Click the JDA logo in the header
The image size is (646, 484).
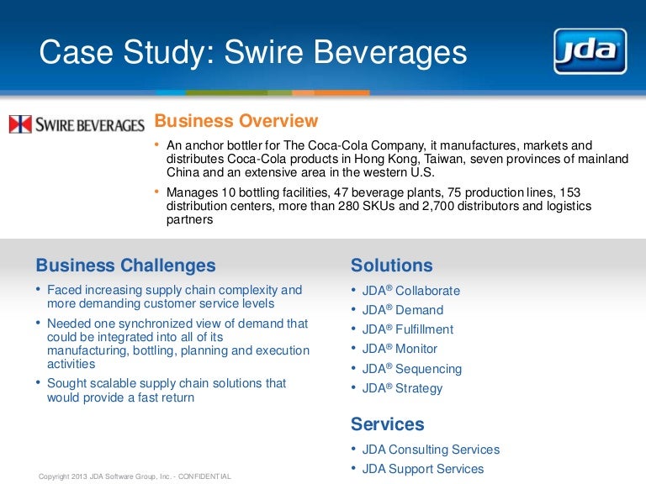coord(589,52)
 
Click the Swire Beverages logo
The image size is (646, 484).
coord(77,125)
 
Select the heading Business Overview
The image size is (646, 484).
coord(236,121)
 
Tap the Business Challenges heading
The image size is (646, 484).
coord(125,266)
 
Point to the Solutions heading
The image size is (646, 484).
coord(391,266)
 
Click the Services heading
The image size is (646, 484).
coord(387,424)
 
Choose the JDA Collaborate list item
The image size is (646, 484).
coord(410,291)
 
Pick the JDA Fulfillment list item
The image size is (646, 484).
coord(407,329)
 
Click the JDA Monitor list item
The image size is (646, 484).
coord(400,349)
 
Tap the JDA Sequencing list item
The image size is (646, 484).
coord(411,369)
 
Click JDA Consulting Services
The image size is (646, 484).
coord(430,450)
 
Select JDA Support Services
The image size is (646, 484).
coord(422,469)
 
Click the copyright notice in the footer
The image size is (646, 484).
coord(135,476)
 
